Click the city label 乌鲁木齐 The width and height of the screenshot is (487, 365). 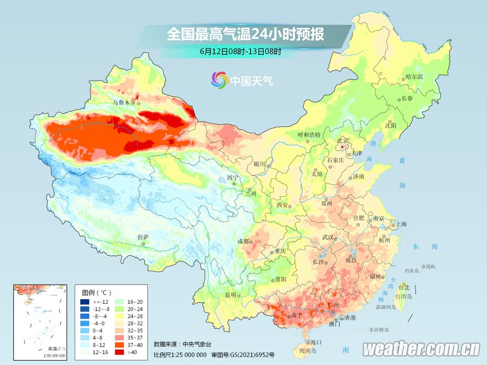click(124, 102)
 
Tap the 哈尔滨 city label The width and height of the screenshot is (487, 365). click(414, 77)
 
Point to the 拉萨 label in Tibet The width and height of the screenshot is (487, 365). click(143, 237)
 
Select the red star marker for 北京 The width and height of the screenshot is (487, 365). click(343, 147)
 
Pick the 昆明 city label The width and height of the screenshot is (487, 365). click(231, 296)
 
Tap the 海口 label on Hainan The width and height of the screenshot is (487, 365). click(317, 342)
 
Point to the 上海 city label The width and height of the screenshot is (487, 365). click(401, 224)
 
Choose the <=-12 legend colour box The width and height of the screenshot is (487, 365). click(85, 302)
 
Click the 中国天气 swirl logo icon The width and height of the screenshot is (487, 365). click(220, 80)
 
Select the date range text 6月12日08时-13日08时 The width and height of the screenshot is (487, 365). click(240, 51)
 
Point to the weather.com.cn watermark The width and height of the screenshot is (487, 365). click(421, 349)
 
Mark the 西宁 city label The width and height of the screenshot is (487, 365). click(232, 178)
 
